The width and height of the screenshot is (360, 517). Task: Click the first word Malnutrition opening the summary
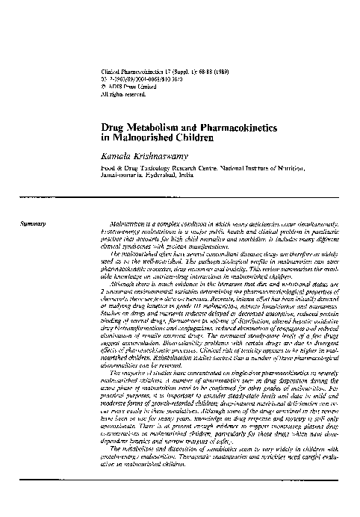(127, 223)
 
